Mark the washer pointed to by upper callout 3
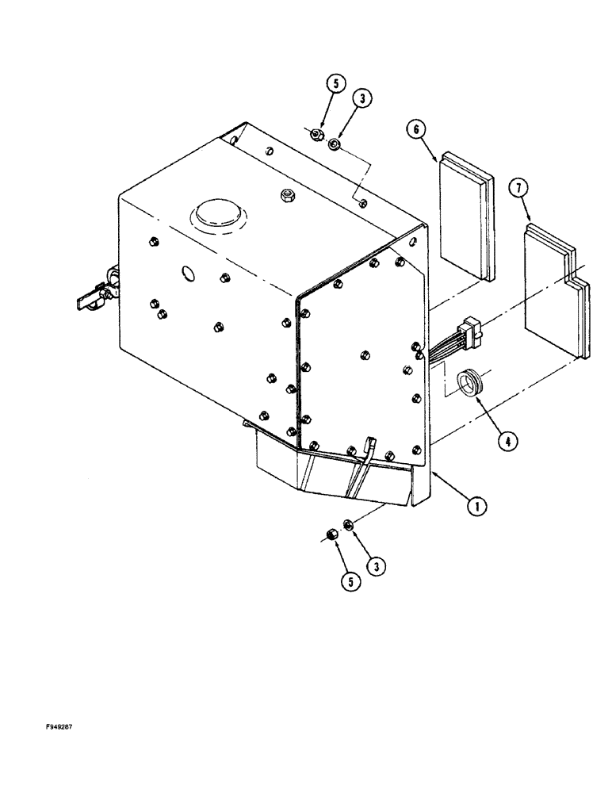335,144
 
